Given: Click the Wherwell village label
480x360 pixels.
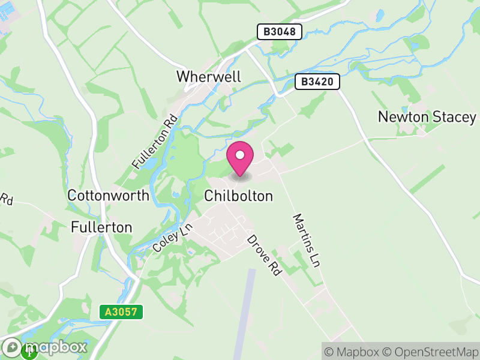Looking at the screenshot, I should click(208, 77).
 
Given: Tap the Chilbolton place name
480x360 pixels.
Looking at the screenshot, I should click(238, 196).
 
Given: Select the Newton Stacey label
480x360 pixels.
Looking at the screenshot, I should click(427, 117).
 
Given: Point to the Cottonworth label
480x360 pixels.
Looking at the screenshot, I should click(108, 196).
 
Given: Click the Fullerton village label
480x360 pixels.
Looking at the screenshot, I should click(101, 227).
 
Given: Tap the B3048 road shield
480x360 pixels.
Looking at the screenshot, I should click(279, 32).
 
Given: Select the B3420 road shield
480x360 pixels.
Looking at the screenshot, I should click(317, 82).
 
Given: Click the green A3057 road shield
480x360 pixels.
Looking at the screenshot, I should click(121, 312).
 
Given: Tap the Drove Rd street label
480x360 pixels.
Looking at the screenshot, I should click(264, 255).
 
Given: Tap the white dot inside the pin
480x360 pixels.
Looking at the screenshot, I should click(240, 155).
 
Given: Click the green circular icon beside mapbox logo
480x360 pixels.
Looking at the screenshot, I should click(29, 352).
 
